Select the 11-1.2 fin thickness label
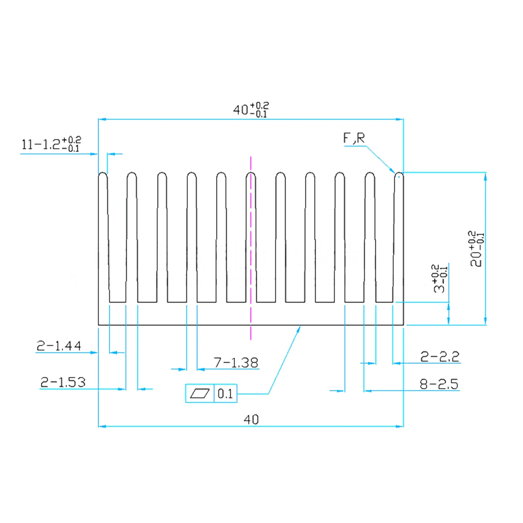click(51, 144)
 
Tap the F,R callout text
click(354, 138)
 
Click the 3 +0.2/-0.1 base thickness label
click(440, 278)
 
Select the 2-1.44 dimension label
click(59, 346)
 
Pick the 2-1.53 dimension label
click(63, 382)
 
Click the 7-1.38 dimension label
click(236, 363)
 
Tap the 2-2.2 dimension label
click(440, 357)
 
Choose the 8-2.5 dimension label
click(439, 384)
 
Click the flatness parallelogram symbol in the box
click(200, 393)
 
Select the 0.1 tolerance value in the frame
click(225, 393)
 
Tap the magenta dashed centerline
click(251, 246)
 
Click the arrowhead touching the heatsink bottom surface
click(299, 329)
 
